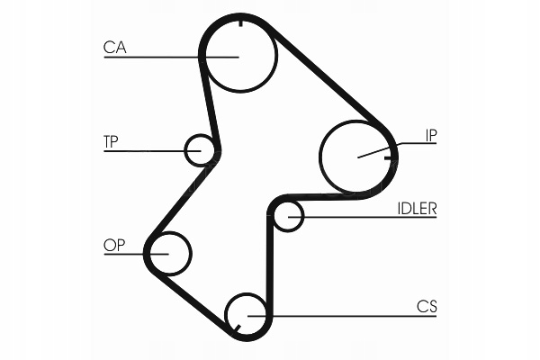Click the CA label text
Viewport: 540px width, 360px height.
tap(115, 47)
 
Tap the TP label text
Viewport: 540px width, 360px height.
tap(112, 140)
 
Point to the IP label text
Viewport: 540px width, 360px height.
tap(431, 137)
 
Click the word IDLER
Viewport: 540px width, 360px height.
tap(417, 208)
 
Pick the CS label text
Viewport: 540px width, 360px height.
tap(427, 306)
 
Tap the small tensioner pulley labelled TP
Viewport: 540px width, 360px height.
tap(200, 149)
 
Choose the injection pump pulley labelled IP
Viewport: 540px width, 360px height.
tap(356, 157)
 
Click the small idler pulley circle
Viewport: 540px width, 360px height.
tap(287, 216)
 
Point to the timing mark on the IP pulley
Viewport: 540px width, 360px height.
tap(389, 157)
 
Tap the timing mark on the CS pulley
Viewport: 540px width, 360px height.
tap(238, 332)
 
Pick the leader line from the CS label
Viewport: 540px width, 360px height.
tap(342, 315)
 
